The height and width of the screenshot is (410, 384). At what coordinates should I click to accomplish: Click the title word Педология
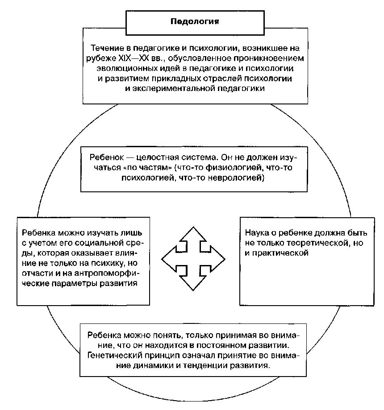196,21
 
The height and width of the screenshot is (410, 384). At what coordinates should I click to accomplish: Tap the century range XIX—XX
134,58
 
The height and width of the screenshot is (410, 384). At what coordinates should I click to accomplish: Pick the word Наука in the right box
256,233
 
